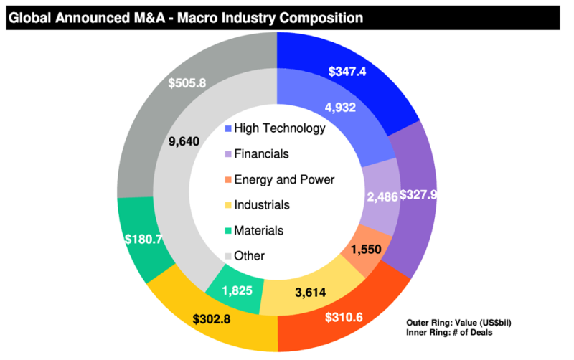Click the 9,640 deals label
coord(183,141)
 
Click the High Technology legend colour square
coord(229,129)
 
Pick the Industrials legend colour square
coord(229,205)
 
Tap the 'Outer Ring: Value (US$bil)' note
coord(458,322)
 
